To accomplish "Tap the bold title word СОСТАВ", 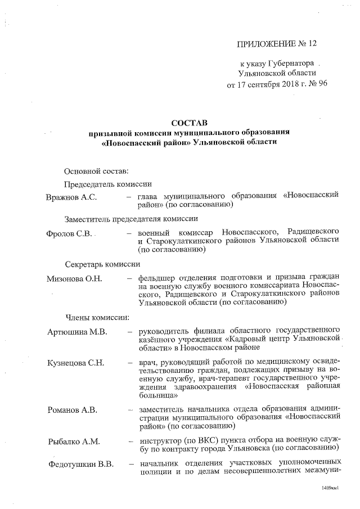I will tap(189, 122).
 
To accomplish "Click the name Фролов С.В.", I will tap(69, 233).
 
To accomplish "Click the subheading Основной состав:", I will tap(96, 170).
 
